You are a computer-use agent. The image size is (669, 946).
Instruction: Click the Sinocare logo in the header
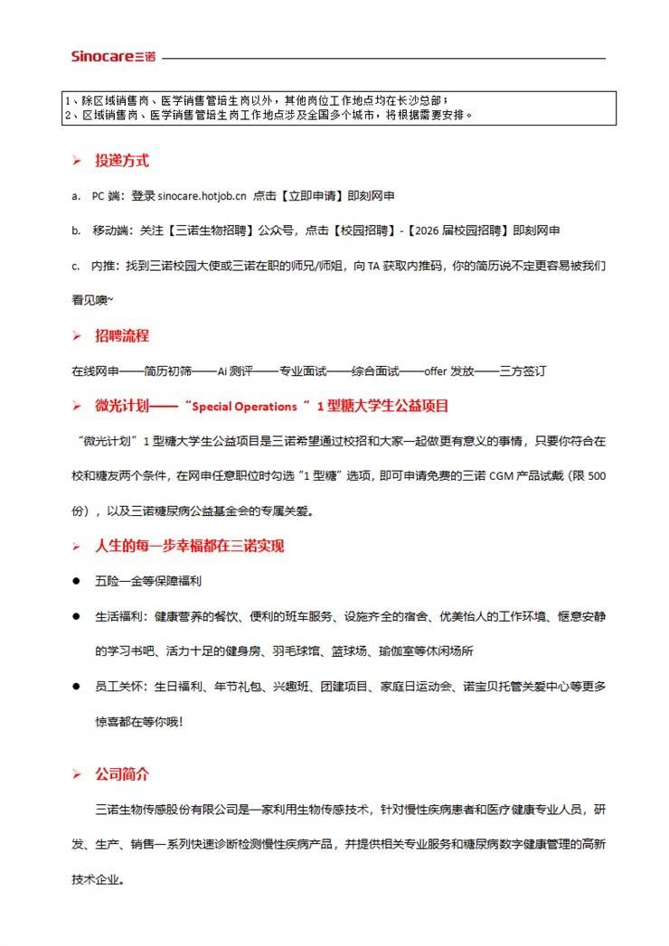point(113,57)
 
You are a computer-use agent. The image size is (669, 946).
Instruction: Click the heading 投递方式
point(122,161)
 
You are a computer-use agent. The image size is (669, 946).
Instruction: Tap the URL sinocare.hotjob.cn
point(202,196)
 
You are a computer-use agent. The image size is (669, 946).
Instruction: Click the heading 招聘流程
point(122,336)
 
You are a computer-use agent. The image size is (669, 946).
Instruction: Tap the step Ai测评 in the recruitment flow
point(237,371)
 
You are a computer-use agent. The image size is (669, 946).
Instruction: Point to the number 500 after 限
point(596,476)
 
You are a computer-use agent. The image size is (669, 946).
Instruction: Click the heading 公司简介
point(122,774)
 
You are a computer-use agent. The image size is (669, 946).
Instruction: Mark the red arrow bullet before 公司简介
point(77,775)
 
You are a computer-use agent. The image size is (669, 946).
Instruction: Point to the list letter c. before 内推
point(76,267)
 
